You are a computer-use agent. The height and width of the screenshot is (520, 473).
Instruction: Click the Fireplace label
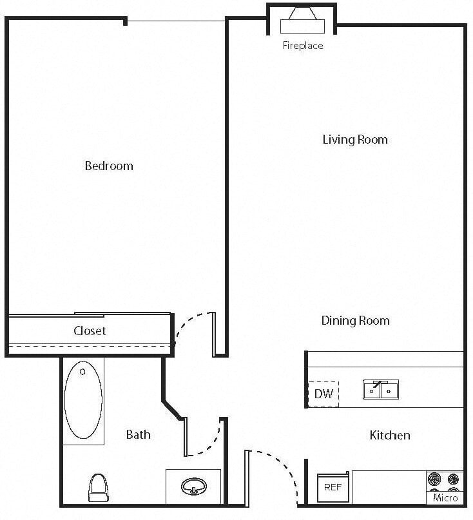click(x=302, y=46)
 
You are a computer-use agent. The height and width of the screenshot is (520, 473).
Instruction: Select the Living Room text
click(x=355, y=139)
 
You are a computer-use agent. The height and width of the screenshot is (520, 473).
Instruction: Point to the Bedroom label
click(x=109, y=166)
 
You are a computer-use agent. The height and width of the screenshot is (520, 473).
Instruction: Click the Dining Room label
click(x=355, y=320)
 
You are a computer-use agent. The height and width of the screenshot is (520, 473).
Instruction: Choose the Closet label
click(x=90, y=331)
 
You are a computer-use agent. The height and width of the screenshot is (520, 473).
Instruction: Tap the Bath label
click(x=138, y=434)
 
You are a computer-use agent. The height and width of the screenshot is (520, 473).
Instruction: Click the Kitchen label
click(x=390, y=435)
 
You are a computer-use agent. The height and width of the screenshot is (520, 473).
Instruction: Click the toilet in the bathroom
click(x=98, y=487)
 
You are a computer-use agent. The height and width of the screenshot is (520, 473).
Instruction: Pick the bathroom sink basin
click(x=193, y=486)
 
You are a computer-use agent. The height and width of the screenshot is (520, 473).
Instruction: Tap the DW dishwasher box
click(x=323, y=394)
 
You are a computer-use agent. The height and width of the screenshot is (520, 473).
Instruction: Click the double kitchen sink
click(x=380, y=389)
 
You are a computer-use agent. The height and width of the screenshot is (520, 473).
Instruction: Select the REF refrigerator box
click(x=333, y=487)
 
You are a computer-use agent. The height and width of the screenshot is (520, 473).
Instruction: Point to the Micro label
click(x=445, y=497)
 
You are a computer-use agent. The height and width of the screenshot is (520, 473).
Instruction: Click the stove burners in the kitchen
click(x=445, y=480)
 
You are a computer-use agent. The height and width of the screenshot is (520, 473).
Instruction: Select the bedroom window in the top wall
click(x=176, y=21)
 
